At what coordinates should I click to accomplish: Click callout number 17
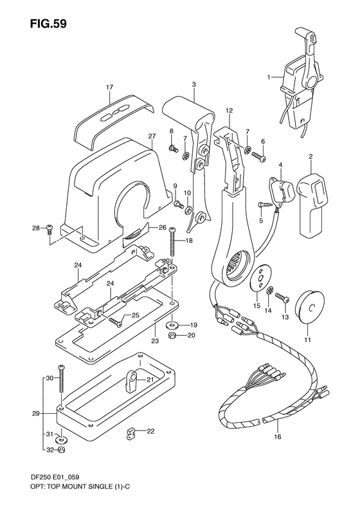(x=110, y=87)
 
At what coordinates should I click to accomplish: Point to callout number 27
(x=152, y=136)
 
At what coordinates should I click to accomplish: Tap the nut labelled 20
(x=172, y=335)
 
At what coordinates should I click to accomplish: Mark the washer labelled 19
(x=172, y=324)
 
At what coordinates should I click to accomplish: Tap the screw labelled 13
(x=280, y=297)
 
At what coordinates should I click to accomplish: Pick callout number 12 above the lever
(x=228, y=111)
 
